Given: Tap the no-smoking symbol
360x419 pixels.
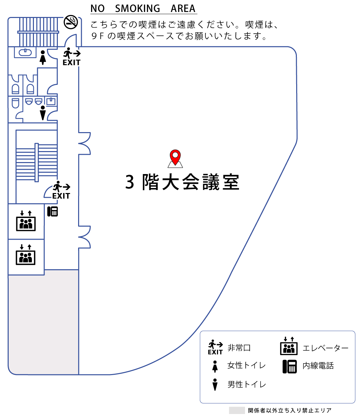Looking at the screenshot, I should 71,22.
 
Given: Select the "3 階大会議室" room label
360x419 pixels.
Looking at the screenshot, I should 182,182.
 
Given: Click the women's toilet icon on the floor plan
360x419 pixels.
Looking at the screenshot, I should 43,57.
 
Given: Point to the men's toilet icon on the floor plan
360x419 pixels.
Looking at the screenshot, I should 43,112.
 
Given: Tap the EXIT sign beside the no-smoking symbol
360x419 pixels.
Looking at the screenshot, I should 72,57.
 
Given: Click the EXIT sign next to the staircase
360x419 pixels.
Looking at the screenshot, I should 61,190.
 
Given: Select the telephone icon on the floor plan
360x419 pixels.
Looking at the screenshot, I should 53,211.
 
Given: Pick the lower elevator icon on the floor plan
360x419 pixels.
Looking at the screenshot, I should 26,255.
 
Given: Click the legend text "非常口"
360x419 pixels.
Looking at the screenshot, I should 239,348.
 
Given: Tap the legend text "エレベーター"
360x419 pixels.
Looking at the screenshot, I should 325,348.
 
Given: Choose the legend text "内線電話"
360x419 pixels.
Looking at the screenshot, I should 318,366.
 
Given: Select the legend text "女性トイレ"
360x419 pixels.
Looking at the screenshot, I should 246,365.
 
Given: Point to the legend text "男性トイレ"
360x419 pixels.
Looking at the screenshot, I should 246,384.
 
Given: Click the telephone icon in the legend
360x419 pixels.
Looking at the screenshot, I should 290,366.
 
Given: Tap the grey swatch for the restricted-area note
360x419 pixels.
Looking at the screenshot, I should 237,410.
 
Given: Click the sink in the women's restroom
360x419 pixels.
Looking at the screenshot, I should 25,52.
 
